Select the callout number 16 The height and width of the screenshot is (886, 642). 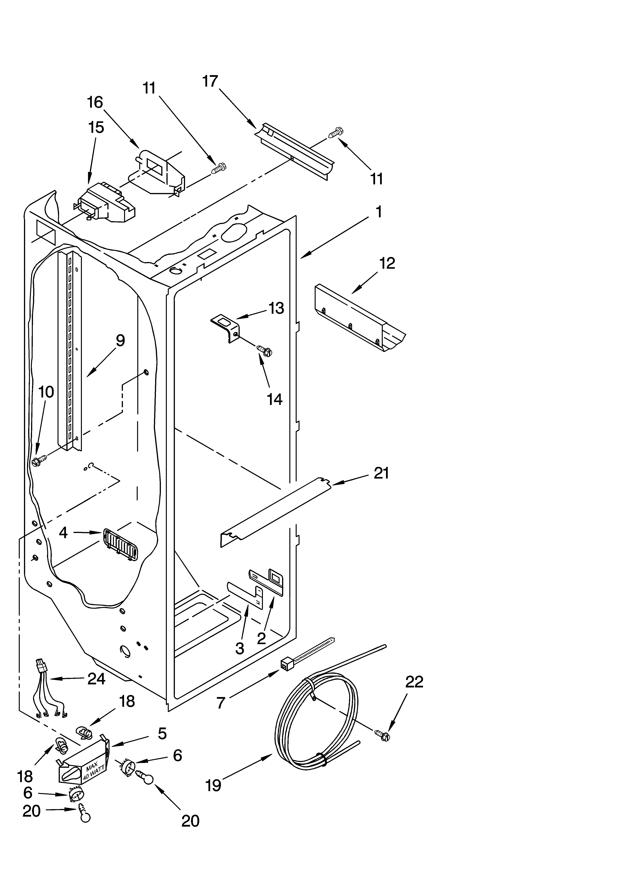click(95, 102)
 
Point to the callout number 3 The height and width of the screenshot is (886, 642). click(240, 649)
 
